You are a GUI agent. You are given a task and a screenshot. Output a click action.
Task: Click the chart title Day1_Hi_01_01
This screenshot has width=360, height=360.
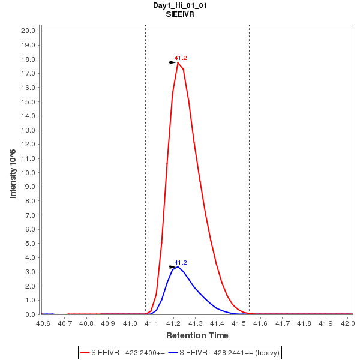pyautogui.click(x=181, y=5)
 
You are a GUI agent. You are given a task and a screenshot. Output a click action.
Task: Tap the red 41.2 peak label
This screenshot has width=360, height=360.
pyautogui.click(x=181, y=58)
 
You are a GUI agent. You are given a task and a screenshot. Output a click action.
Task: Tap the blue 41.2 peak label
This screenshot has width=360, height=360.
pyautogui.click(x=181, y=263)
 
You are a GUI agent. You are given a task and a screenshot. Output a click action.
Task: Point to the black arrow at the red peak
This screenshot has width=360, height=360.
pyautogui.click(x=173, y=62)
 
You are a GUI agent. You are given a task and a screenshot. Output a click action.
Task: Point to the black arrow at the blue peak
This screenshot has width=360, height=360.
pyautogui.click(x=173, y=267)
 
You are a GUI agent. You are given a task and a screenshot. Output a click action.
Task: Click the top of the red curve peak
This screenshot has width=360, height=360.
pyautogui.click(x=178, y=62)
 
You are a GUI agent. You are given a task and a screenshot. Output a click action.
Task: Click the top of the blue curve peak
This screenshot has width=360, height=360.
pyautogui.click(x=178, y=267)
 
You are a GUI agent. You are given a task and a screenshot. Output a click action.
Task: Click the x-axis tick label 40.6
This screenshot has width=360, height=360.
pyautogui.click(x=43, y=323)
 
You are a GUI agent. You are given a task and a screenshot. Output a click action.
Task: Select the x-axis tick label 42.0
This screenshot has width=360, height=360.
pyautogui.click(x=347, y=323)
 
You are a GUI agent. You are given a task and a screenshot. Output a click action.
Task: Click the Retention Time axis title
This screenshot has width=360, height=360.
pyautogui.click(x=197, y=335)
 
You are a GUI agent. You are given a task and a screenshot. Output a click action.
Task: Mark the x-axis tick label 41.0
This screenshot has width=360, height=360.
pyautogui.click(x=130, y=323)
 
